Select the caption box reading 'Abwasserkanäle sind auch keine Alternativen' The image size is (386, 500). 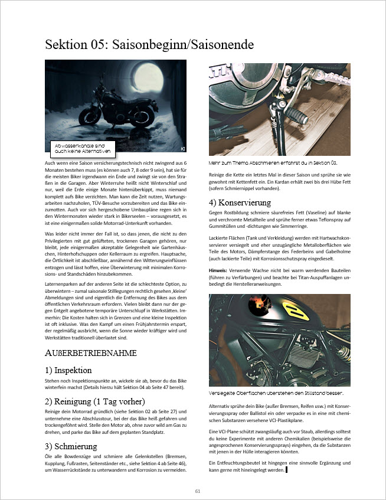79,147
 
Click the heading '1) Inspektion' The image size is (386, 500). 68,370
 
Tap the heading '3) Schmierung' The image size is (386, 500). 70,446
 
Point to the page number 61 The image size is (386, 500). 198,491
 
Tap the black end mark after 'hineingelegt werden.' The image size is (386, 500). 286,470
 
